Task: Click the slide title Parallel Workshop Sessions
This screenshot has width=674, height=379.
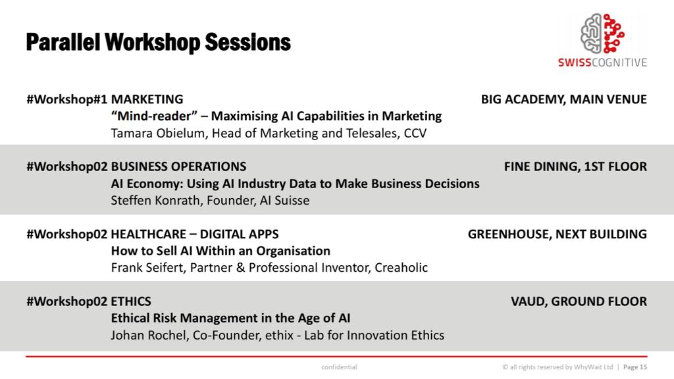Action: pos(158,42)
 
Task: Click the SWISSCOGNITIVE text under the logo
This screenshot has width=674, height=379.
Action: pos(602,63)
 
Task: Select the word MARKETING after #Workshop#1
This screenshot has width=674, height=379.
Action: pos(147,99)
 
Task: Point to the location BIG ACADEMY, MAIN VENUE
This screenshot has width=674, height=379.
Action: pos(563,99)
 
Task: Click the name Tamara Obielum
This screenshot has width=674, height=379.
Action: pos(152,133)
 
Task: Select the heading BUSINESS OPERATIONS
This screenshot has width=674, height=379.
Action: pos(178,166)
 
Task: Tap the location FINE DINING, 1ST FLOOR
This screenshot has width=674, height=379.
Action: pos(575,166)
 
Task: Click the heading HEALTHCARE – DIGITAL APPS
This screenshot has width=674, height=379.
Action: pos(194,234)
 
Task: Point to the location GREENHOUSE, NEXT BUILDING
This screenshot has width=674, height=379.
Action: pos(557,234)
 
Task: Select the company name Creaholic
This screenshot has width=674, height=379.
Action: pos(401,267)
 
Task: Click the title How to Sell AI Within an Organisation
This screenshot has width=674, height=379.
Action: pos(220,251)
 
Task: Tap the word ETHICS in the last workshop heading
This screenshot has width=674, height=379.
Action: pos(131,301)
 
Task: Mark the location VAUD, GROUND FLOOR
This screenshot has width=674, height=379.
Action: pos(579,301)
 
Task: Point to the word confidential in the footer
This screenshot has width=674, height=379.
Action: pos(339,366)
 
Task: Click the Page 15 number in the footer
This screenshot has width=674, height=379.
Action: pos(635,366)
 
